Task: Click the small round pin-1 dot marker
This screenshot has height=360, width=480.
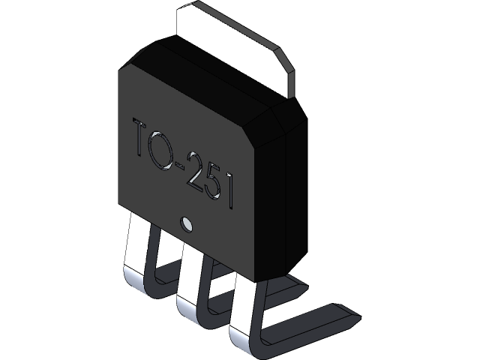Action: click(x=187, y=223)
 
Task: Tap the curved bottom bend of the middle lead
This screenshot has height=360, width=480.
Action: click(x=187, y=307)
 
